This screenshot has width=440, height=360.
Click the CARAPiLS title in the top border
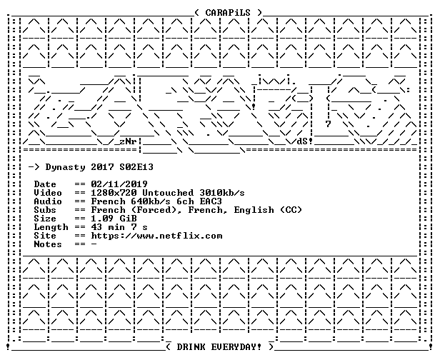click(x=228, y=13)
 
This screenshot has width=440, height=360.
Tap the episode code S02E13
click(x=136, y=167)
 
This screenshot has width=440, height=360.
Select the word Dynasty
click(x=65, y=168)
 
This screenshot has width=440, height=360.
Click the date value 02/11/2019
click(x=119, y=184)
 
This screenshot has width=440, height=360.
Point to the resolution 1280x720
click(x=114, y=193)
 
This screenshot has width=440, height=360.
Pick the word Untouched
click(x=168, y=193)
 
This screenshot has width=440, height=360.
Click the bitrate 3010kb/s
click(x=222, y=193)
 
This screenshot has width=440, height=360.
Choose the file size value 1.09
click(x=102, y=219)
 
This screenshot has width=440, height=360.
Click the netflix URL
click(x=156, y=236)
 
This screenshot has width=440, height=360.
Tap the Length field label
click(x=51, y=227)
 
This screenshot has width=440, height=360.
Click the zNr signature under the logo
click(x=128, y=141)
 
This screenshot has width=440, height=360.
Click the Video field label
click(x=48, y=193)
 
